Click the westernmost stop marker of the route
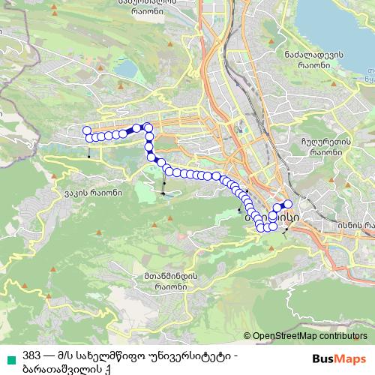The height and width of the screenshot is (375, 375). coord(87,130)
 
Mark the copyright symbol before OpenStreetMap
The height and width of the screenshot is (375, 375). coord(247,335)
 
